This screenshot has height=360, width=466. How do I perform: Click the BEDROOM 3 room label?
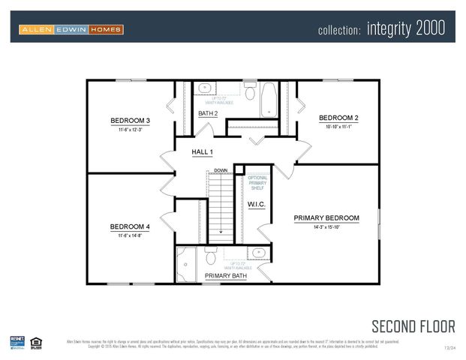131,120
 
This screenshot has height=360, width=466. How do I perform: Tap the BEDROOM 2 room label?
338,118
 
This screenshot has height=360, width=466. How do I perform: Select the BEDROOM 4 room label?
130,226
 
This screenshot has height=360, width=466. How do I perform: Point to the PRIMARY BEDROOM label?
326,218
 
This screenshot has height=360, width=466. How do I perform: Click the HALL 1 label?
203,152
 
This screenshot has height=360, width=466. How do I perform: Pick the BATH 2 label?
208,113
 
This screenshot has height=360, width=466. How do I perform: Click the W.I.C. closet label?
257,204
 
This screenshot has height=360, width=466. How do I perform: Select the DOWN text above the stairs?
221,170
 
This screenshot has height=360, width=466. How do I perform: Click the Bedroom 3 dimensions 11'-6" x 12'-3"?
131,130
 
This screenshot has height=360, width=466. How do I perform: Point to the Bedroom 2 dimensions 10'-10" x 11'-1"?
338,127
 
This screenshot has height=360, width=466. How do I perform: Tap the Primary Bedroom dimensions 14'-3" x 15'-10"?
326,227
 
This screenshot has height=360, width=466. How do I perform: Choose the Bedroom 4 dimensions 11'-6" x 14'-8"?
130,235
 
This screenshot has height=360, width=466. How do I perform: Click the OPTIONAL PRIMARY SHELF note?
257,183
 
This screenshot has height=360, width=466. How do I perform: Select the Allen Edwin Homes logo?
71,29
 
